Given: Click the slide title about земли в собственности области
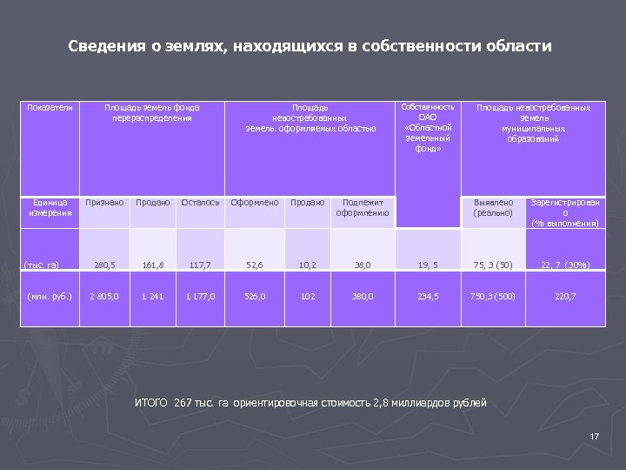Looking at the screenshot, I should (x=310, y=46).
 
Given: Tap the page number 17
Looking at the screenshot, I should (x=595, y=436).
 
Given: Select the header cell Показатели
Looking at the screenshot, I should (x=50, y=107).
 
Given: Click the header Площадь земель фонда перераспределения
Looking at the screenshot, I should (x=152, y=112).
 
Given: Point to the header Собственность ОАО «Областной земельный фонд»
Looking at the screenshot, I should (x=428, y=127).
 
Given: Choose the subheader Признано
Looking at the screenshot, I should (x=103, y=203).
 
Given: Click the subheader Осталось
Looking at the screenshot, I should (x=200, y=203).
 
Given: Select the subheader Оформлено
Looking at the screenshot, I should (x=255, y=203).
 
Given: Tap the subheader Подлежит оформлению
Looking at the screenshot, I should (x=363, y=207).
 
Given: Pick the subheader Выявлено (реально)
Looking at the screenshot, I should (x=493, y=207).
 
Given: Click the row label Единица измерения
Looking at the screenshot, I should (x=50, y=207).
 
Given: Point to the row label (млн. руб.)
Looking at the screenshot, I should (x=50, y=296).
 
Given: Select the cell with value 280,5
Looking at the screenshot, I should (x=103, y=264).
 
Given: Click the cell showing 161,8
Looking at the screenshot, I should (x=152, y=264).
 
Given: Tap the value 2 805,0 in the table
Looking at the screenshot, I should (x=103, y=296).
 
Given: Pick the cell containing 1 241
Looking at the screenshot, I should (x=152, y=296).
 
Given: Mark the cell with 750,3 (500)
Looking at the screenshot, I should (x=493, y=296).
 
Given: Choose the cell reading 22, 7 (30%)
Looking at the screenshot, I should (x=565, y=264).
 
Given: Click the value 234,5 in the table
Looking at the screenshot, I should (x=428, y=296).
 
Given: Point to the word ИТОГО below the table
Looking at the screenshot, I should (x=152, y=402).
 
